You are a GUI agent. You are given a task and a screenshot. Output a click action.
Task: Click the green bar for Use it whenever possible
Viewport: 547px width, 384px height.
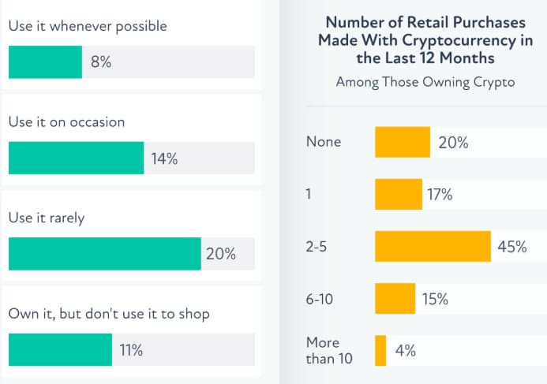click(x=45, y=62)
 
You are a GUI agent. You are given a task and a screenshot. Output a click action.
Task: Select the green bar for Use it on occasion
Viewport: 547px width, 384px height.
click(x=76, y=158)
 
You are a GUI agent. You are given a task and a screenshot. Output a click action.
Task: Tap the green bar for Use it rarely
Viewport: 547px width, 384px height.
click(x=104, y=254)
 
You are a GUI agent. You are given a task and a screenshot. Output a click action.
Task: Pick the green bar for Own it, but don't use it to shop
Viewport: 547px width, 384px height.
click(x=60, y=350)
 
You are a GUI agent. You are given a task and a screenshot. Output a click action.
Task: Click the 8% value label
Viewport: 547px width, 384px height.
click(x=101, y=62)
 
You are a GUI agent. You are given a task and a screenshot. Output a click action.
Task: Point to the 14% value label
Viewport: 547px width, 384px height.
click(x=164, y=158)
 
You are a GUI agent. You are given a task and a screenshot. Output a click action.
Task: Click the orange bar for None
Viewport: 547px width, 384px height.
click(x=403, y=143)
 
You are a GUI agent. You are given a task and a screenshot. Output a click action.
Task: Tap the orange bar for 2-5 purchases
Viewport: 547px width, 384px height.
click(x=433, y=246)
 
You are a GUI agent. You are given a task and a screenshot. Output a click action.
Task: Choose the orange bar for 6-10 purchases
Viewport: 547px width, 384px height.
click(x=395, y=299)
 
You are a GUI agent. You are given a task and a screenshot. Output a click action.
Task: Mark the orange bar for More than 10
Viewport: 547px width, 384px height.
click(x=380, y=350)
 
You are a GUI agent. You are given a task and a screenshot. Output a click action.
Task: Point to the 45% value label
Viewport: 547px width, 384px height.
click(x=511, y=247)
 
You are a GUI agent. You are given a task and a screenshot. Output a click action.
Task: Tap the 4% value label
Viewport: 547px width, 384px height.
click(x=406, y=351)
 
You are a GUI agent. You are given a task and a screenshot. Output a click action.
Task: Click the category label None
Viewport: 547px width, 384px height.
click(x=324, y=142)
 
